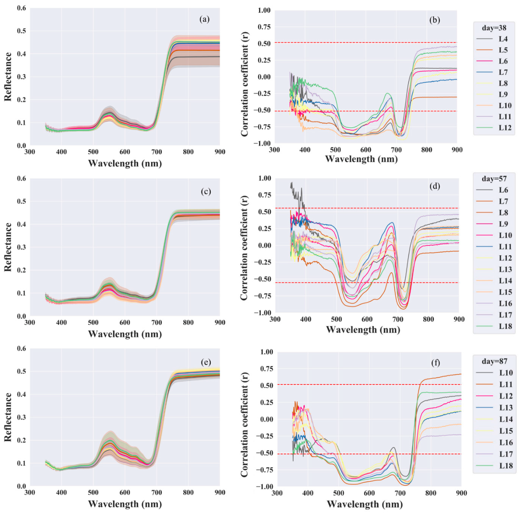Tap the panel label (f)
(436, 363)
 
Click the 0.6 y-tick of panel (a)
(22, 8)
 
